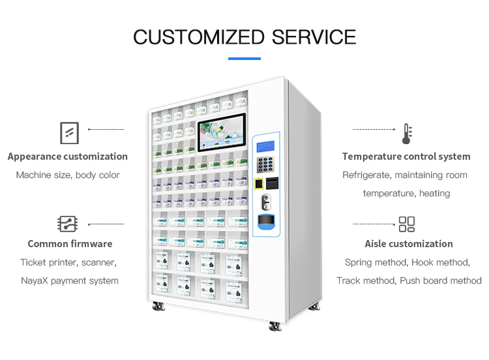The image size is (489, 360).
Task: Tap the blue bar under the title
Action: (244, 59)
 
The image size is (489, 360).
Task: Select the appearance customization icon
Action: (69, 132)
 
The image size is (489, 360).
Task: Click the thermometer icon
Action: (407, 134)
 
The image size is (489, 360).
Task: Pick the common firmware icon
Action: (68, 224)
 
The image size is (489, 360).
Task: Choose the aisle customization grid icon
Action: (407, 224)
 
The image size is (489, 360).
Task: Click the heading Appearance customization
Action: (68, 157)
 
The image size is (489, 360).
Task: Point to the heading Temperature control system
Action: (406, 157)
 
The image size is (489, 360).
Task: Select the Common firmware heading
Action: (70, 244)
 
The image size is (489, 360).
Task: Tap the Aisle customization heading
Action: (409, 244)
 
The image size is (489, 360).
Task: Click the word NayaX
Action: (37, 280)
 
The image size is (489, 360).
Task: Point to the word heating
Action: (435, 193)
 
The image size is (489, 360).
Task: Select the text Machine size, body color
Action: (68, 175)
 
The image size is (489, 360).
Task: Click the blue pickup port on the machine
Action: (266, 222)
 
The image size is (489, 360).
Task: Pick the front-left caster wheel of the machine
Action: (157, 306)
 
